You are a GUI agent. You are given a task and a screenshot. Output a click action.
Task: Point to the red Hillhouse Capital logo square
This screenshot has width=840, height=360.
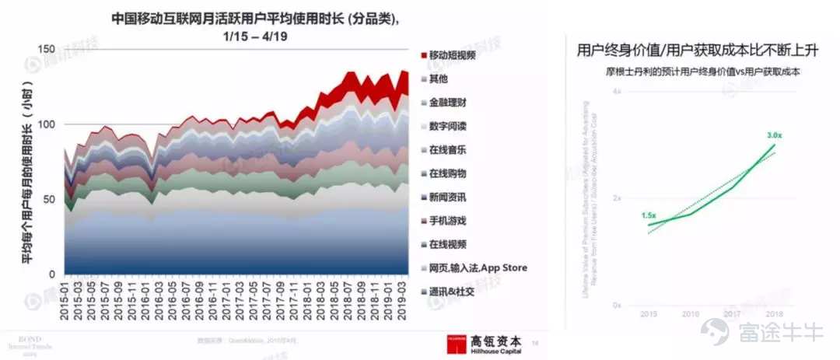tap(457, 344)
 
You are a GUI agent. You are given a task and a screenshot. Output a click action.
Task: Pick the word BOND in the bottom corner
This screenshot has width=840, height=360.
tap(23, 340)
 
